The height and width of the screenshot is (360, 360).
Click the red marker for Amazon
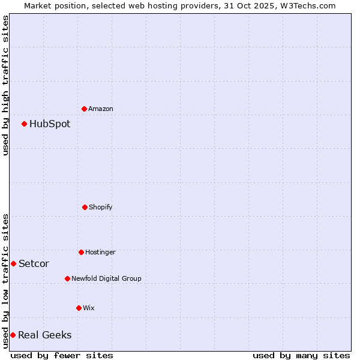[84, 109]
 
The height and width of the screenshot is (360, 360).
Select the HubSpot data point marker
[24, 124]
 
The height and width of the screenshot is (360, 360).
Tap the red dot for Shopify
[85, 207]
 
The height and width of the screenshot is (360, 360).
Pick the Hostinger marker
[81, 252]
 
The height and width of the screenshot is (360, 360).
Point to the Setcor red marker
[13, 263]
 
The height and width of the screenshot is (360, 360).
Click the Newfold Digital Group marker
[67, 278]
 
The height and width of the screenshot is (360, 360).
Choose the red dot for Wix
[79, 308]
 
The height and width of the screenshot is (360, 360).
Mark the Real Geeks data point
[13, 335]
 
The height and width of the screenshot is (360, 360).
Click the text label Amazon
[101, 109]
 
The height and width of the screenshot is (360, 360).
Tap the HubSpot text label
[50, 124]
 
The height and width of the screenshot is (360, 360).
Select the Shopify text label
[101, 207]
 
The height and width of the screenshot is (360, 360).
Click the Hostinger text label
[100, 252]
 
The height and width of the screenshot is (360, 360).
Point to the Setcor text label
[34, 264]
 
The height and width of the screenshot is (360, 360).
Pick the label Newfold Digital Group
[106, 278]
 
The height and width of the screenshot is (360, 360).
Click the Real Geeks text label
[44, 335]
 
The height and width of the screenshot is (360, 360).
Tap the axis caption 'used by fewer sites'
[62, 355]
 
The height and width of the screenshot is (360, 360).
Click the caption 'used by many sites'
[301, 355]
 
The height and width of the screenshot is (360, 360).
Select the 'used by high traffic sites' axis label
[5, 85]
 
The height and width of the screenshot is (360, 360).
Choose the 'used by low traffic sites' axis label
[5, 281]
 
